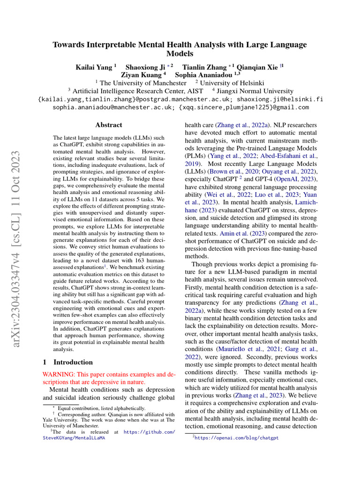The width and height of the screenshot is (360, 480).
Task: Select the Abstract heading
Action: (109, 125)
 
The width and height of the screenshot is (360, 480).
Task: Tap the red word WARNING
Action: (58, 375)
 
